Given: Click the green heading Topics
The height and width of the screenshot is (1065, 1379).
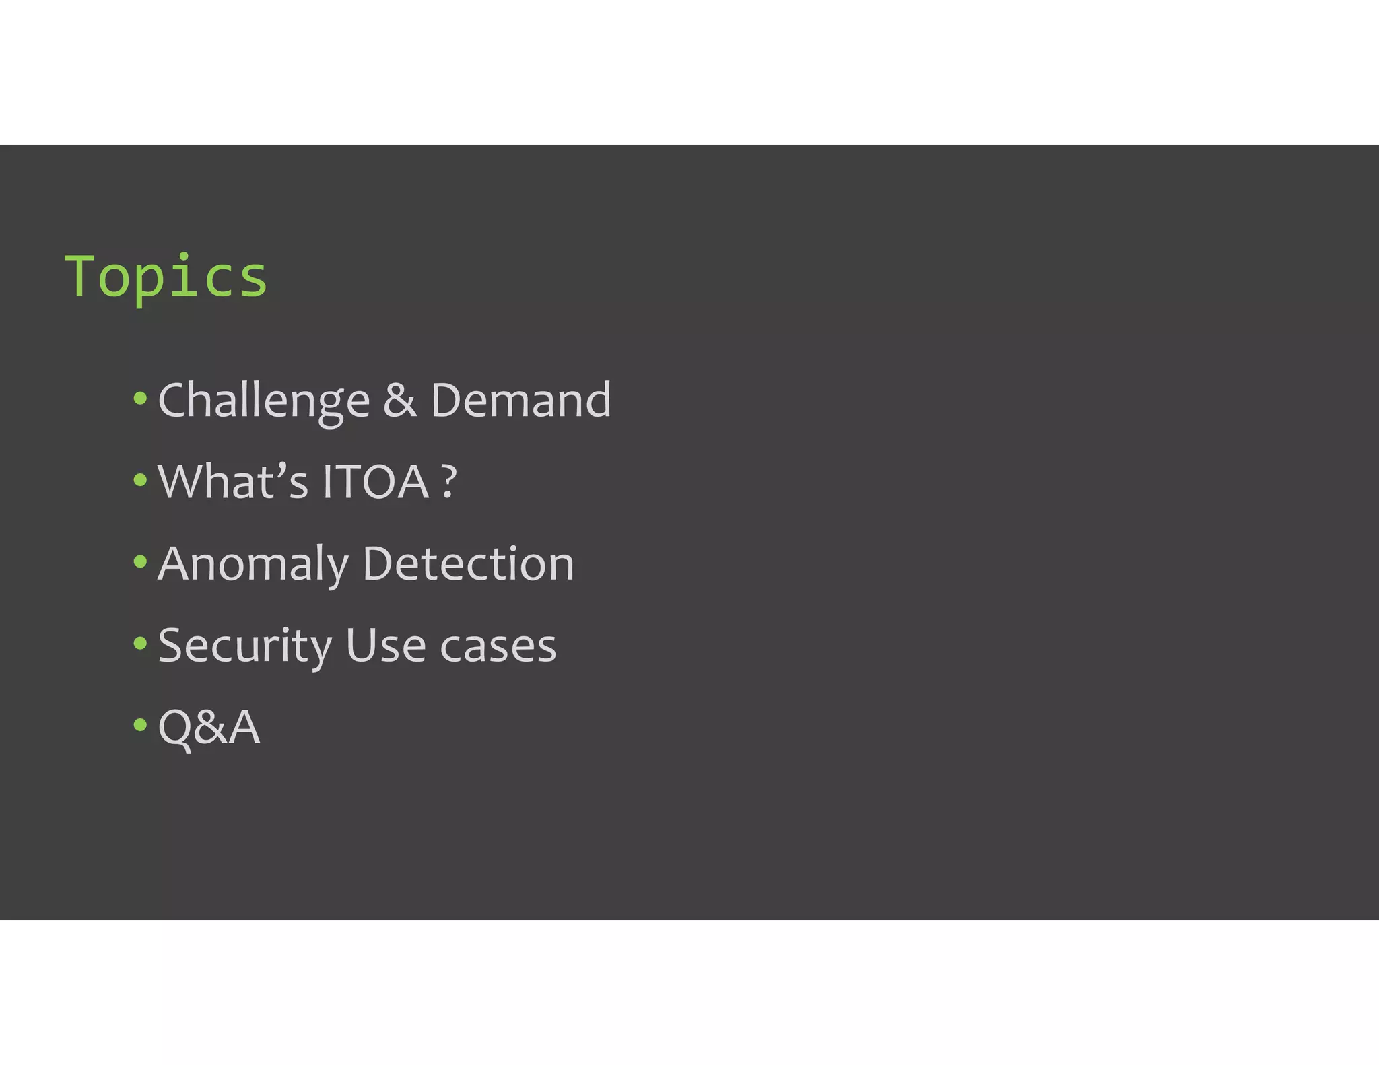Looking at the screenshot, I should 166,277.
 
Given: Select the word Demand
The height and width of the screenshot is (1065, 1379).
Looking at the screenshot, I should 520,401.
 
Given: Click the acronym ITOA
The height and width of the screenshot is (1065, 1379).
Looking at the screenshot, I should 376,482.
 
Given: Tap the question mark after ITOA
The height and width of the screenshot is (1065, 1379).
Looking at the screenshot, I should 449,482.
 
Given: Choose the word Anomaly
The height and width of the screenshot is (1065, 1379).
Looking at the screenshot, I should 253,564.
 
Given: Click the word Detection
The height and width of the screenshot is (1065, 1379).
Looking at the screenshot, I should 468,563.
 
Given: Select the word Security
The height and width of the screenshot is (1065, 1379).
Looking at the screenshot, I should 245,646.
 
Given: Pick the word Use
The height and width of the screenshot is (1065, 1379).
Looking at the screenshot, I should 385,646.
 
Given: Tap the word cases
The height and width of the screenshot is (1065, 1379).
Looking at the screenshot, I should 498,647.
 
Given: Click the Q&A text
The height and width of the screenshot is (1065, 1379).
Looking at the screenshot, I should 209,727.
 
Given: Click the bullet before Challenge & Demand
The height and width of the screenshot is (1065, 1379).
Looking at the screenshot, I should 140,398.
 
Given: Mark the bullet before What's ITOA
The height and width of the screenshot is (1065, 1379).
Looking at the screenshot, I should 140,480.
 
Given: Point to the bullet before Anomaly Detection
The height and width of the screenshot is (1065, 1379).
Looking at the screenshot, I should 140,561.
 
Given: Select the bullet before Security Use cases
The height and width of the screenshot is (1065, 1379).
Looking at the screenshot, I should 140,643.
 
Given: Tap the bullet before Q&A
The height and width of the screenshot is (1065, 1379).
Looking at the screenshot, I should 140,725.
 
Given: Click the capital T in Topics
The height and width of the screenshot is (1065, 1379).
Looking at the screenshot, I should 79,275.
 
